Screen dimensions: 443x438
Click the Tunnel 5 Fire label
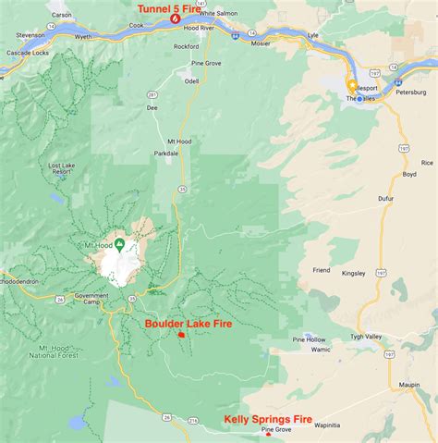170,8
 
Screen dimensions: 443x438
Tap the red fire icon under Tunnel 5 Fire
176,19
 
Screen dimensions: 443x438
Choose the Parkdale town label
166,153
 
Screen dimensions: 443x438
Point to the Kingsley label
353,273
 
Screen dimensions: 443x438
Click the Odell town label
191,80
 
